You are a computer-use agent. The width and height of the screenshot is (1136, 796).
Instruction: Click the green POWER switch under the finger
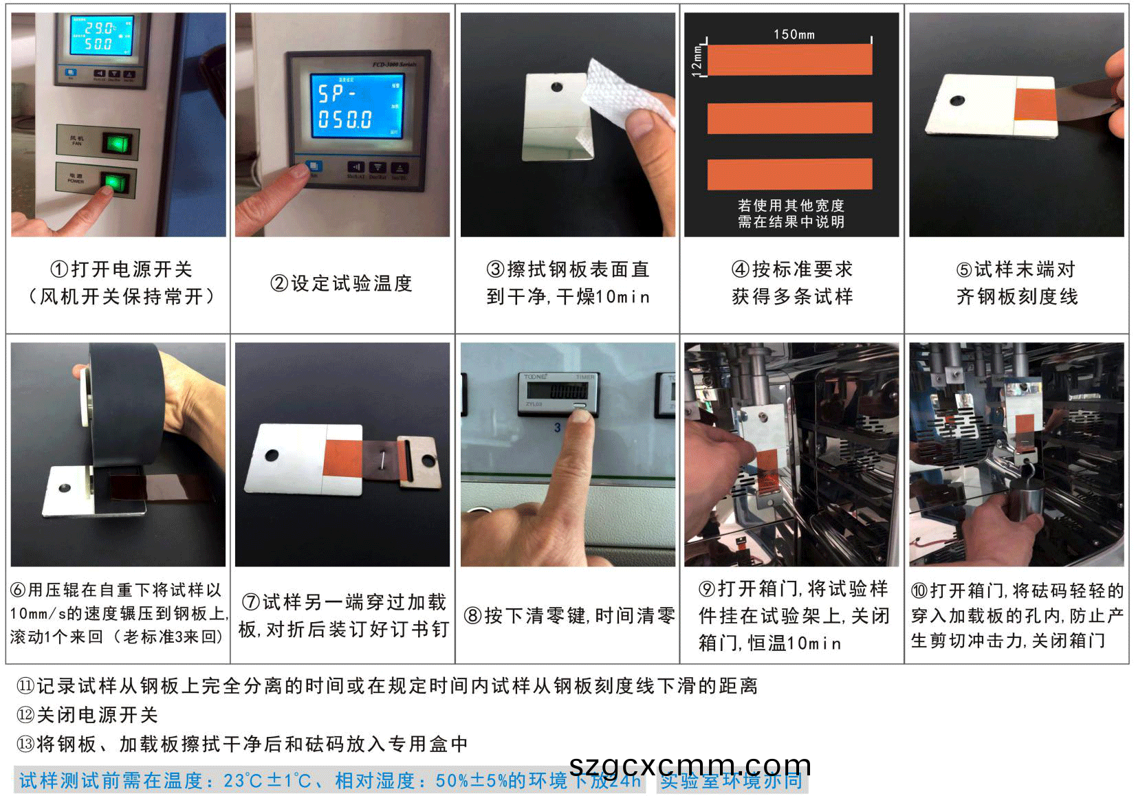coord(114,181)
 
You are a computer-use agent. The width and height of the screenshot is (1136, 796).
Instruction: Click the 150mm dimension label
coord(794,34)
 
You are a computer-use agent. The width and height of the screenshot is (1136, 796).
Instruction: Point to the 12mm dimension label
coord(697,59)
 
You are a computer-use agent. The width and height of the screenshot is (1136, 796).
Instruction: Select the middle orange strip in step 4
coord(789,118)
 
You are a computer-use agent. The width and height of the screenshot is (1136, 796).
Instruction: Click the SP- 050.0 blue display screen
coord(356,105)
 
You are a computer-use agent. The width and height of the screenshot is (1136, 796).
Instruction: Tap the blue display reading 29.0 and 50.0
coord(101,36)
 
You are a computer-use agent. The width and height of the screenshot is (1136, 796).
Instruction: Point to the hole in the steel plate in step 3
coord(556,87)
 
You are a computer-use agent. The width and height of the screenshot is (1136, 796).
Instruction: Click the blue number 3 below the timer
coord(558,428)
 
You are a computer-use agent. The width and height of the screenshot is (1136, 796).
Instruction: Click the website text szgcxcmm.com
coord(690,764)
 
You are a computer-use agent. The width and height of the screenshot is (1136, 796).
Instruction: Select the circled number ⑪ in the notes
coord(25,685)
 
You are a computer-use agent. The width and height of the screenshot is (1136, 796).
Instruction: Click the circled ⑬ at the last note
coord(25,744)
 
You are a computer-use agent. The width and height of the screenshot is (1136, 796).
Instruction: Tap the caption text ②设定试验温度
coord(341,283)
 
